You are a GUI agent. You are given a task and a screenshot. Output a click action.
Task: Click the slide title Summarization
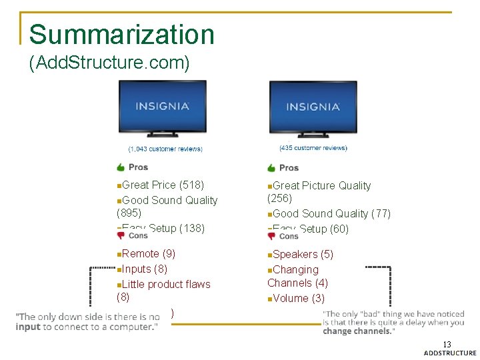click(x=122, y=35)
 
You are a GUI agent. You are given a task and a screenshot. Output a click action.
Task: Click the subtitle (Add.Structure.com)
click(x=110, y=63)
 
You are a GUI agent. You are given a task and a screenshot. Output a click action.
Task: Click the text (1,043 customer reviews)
click(x=165, y=149)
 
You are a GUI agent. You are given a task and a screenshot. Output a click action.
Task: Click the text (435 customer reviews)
click(x=313, y=148)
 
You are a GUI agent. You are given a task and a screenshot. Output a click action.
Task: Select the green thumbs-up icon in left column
click(x=121, y=167)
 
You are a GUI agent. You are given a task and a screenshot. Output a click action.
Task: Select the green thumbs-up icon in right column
click(x=271, y=167)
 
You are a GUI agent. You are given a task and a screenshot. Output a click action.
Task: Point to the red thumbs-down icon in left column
click(x=121, y=235)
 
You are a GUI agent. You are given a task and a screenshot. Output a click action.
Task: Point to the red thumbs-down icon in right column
click(x=271, y=236)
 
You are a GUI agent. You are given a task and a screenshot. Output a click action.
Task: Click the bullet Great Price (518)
click(x=162, y=185)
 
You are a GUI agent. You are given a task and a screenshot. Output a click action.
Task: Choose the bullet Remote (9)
click(x=148, y=253)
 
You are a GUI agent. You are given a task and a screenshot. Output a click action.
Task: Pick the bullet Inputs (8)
click(x=144, y=269)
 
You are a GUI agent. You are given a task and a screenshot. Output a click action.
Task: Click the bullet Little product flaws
click(x=165, y=284)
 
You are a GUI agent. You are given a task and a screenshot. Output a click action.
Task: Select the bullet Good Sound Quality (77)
click(x=331, y=213)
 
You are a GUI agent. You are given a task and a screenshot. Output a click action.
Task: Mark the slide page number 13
click(x=447, y=344)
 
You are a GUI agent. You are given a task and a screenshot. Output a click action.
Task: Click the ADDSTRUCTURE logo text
click(x=450, y=353)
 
